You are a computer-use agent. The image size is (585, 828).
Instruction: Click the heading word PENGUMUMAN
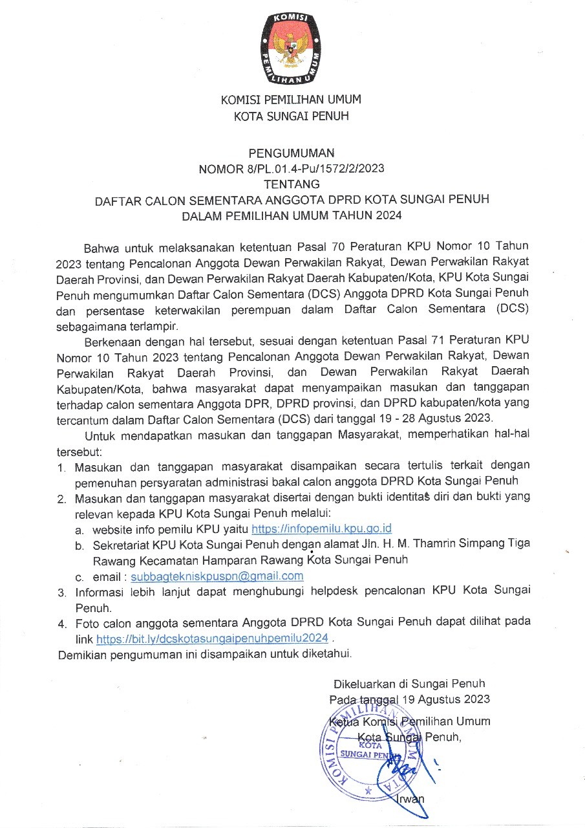[x=292, y=153]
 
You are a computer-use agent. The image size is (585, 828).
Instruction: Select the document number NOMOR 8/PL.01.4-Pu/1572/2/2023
[x=292, y=169]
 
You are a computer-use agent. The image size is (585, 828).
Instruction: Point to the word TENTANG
[x=292, y=184]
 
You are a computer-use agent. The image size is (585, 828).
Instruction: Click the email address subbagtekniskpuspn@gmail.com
[x=217, y=576]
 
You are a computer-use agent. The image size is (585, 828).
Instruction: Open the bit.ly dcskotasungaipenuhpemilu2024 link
[x=217, y=638]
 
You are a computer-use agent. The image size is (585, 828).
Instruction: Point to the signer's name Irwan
[x=410, y=798]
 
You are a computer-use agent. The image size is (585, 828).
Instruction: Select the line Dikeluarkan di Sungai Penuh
[x=409, y=683]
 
